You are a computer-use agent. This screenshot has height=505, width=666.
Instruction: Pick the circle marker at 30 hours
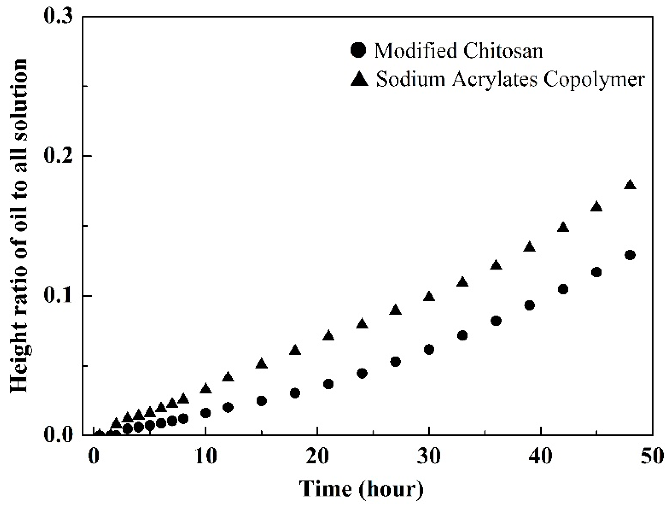click(429, 350)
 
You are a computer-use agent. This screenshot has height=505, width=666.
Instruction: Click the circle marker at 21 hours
click(328, 384)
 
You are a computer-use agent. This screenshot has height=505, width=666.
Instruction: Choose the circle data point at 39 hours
click(529, 305)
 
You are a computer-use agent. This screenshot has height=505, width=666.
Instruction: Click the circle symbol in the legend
click(358, 50)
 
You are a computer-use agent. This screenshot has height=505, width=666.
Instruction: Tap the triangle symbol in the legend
click(359, 79)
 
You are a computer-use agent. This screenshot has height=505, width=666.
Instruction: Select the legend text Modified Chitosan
click(458, 50)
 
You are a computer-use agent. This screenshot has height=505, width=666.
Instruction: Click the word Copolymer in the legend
click(594, 80)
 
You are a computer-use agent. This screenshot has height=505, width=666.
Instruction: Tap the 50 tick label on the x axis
click(652, 456)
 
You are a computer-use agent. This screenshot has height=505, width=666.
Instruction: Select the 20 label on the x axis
click(317, 456)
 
